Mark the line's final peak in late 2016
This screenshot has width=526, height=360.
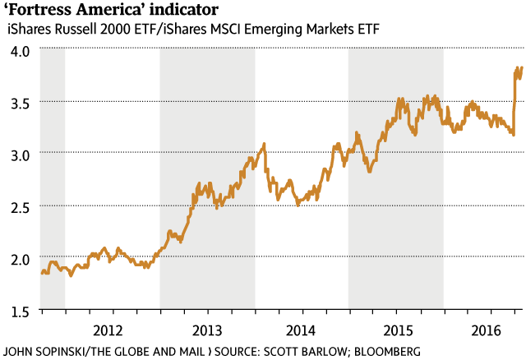pos(519,68)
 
